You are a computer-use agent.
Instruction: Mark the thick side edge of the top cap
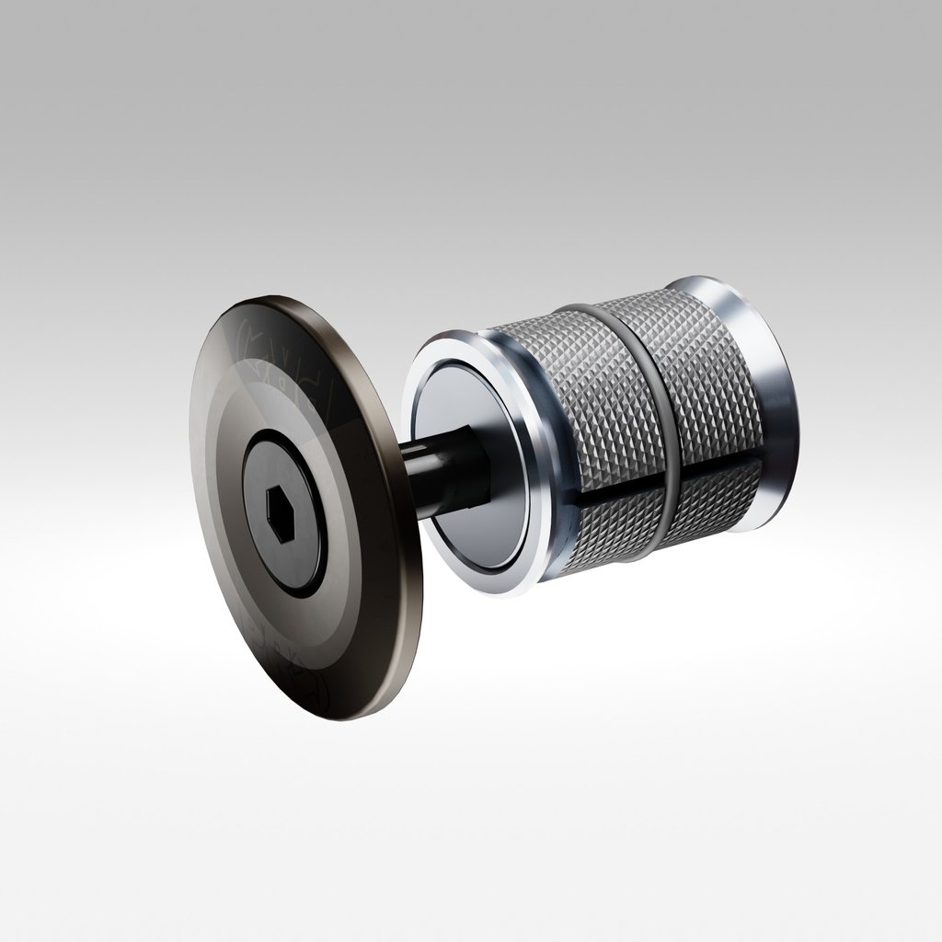tap(405, 589)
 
